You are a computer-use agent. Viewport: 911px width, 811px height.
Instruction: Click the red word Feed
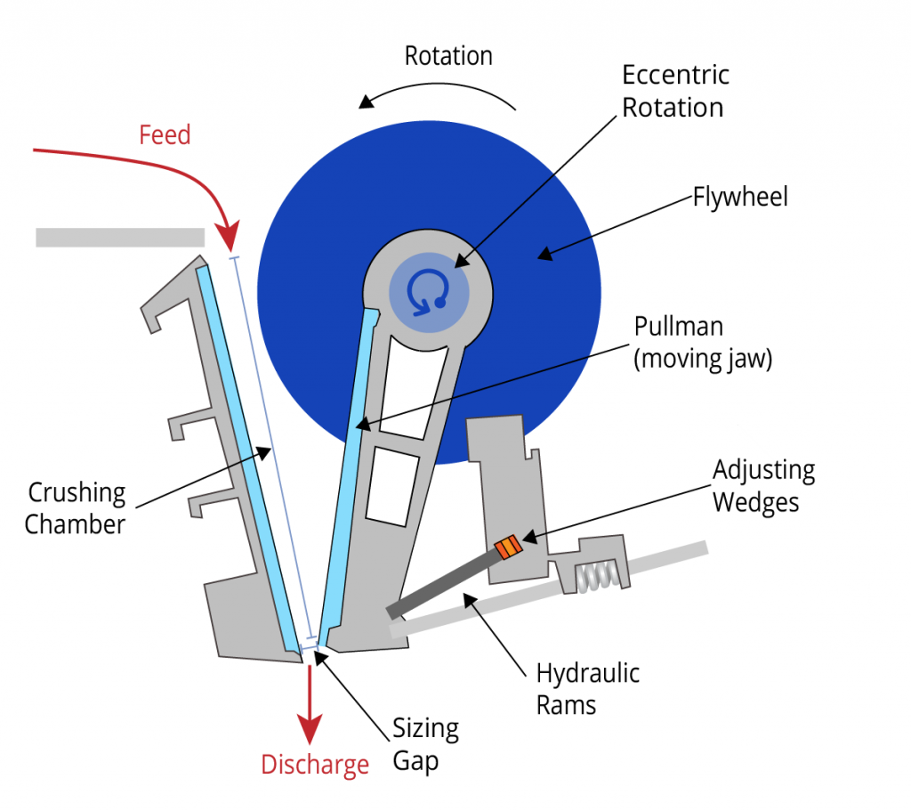click(165, 134)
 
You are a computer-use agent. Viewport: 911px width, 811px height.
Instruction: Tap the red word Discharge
click(314, 765)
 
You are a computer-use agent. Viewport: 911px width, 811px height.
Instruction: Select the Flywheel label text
click(740, 196)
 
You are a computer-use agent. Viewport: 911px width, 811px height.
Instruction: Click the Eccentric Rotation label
click(674, 91)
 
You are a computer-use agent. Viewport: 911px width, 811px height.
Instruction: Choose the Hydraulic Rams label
click(587, 689)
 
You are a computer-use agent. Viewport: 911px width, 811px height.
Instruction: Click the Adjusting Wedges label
click(763, 486)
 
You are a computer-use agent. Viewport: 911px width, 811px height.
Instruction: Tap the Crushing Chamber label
click(77, 507)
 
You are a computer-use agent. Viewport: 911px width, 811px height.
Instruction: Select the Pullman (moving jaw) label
click(702, 343)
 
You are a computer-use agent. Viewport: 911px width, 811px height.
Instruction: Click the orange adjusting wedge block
click(506, 547)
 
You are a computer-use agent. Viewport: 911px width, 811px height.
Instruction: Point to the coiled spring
click(593, 578)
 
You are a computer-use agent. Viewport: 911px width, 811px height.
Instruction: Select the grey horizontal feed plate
click(120, 237)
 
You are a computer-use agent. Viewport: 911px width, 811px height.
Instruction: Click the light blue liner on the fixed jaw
click(248, 453)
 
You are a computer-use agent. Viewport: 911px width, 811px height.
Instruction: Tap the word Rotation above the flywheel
click(448, 56)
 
